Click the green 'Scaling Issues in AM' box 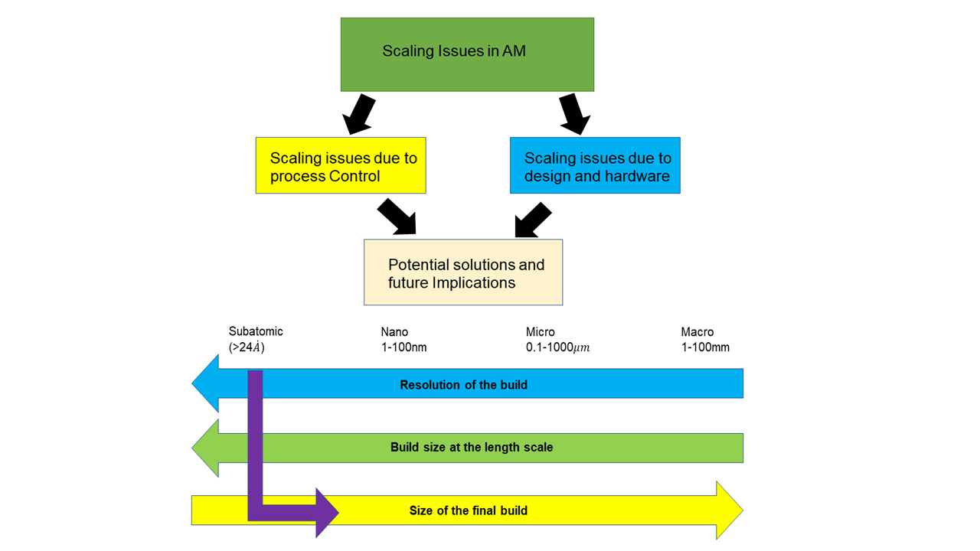[467, 54]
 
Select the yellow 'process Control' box [341, 166]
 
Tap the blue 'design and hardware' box [595, 166]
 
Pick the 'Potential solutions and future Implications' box [463, 272]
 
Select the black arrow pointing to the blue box [574, 114]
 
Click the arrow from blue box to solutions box [533, 220]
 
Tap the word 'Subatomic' [256, 331]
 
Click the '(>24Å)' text [247, 347]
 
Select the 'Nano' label [394, 332]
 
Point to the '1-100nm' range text [403, 347]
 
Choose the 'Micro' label [541, 332]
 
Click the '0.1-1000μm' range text [557, 347]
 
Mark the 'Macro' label [697, 332]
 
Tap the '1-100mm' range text [705, 347]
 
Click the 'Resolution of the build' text [463, 385]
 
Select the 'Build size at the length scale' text [472, 447]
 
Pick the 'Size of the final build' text [469, 510]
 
